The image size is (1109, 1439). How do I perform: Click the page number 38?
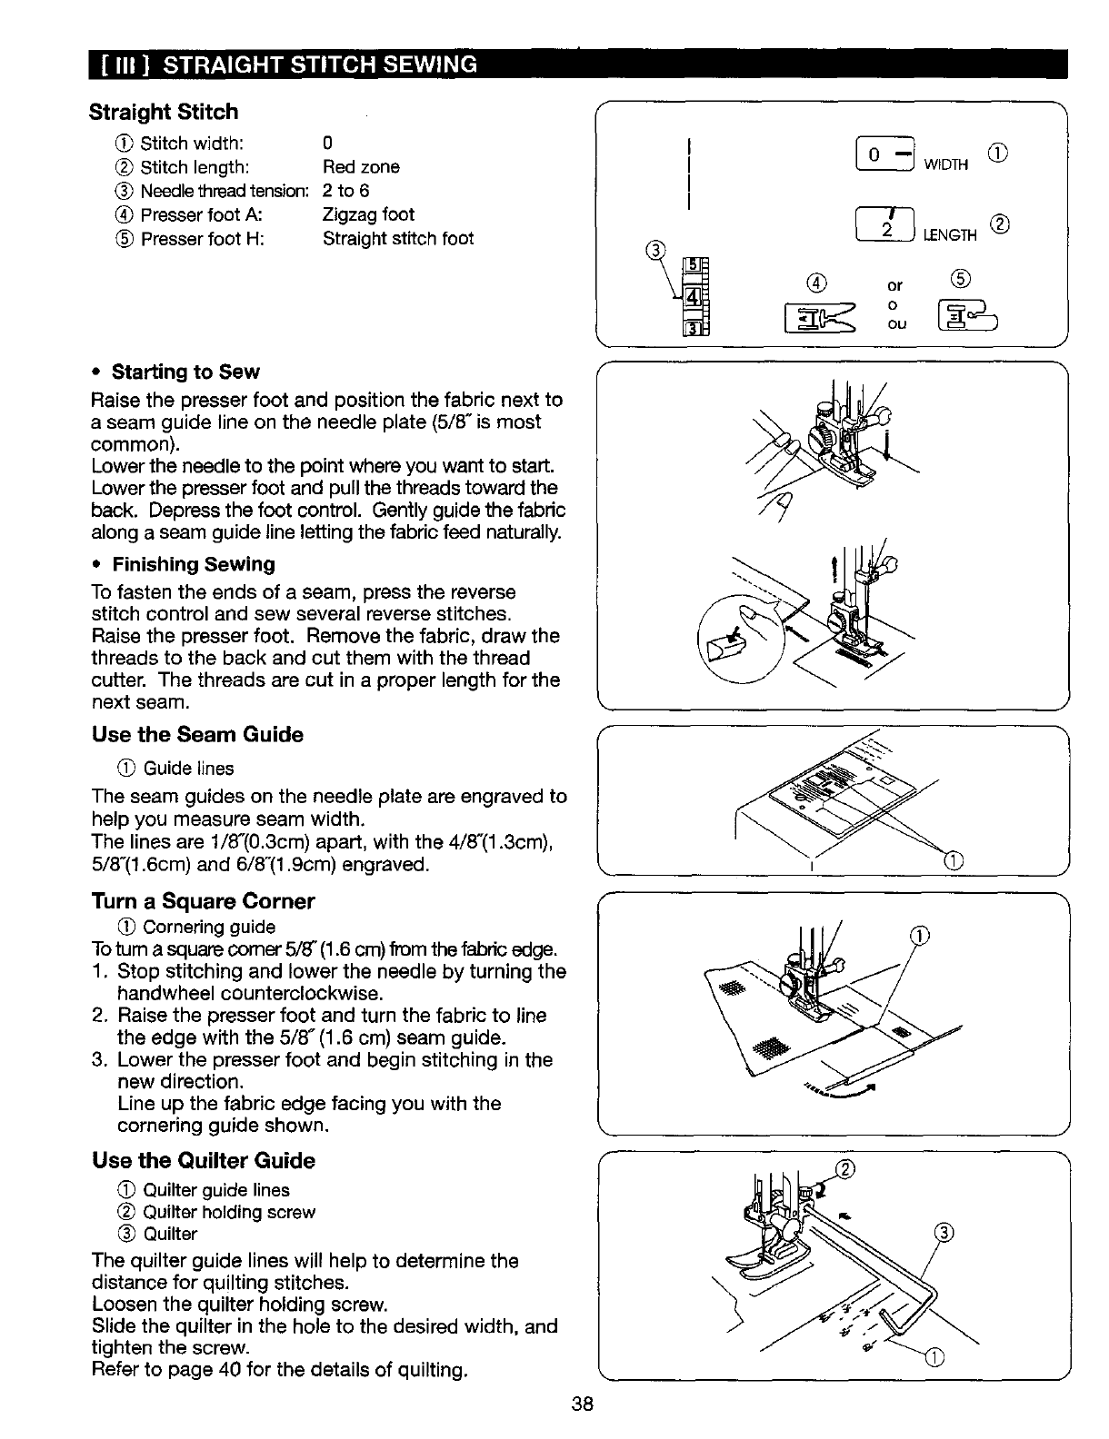pyautogui.click(x=583, y=1404)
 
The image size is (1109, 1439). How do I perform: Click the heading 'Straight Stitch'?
pyautogui.click(x=164, y=112)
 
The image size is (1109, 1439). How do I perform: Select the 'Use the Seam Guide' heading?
pyautogui.click(x=197, y=734)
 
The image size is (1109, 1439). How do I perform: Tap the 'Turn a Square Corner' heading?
pyautogui.click(x=203, y=901)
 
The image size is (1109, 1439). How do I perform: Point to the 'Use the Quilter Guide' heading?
pyautogui.click(x=204, y=1160)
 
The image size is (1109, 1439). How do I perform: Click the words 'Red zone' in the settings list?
pyautogui.click(x=361, y=167)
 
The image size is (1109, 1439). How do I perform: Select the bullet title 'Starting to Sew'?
pyautogui.click(x=185, y=372)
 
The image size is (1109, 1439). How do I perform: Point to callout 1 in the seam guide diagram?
pyautogui.click(x=953, y=860)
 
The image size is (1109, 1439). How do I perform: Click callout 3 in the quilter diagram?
pyautogui.click(x=944, y=1233)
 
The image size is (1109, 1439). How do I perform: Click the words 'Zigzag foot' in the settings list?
pyautogui.click(x=368, y=214)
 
